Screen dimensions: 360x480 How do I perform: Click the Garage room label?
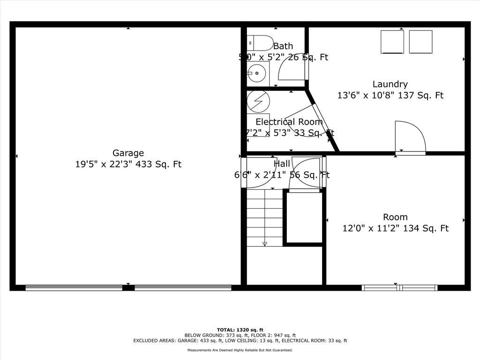[128, 153]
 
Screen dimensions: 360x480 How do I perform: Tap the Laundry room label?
[390, 84]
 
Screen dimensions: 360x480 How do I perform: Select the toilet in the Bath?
[260, 43]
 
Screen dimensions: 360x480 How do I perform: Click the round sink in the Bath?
[256, 73]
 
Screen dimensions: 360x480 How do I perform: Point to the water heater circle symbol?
[258, 101]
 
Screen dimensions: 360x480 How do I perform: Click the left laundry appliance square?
[392, 42]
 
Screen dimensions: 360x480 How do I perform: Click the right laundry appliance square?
[420, 42]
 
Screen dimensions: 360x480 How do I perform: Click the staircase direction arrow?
[264, 242]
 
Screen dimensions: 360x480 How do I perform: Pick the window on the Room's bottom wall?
[400, 287]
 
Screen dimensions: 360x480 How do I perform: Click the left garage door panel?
[74, 287]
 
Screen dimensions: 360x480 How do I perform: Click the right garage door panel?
[183, 287]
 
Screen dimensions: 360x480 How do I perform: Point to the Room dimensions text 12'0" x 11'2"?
[395, 228]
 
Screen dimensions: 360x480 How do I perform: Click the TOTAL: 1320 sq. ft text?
[240, 330]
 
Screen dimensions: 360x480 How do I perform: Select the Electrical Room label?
[289, 122]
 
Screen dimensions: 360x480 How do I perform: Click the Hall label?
[282, 164]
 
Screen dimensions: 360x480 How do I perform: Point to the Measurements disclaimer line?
[240, 350]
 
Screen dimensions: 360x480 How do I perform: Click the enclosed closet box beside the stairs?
[304, 217]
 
